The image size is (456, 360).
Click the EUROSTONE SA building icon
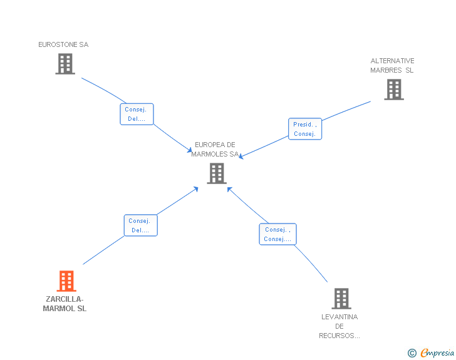pos(65,64)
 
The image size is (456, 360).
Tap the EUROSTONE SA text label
pos(63,44)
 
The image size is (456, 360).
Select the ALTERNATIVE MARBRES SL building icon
pos(394,90)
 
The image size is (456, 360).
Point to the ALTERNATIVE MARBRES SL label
pos(392,66)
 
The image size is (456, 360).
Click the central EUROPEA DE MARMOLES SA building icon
pos(217,173)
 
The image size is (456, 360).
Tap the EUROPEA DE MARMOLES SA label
pos(215,150)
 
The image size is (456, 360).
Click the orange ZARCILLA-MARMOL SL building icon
pos(66,281)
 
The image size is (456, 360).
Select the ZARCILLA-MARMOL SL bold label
pos(65,304)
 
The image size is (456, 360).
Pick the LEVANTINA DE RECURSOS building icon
pos(341,299)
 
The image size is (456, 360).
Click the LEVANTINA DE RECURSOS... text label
pos(339,326)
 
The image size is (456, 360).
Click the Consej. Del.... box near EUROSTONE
pos(137,114)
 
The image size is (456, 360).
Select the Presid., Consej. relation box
pos(305,129)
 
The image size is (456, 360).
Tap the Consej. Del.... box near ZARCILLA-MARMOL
pos(140,225)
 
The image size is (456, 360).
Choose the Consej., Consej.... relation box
pos(277,234)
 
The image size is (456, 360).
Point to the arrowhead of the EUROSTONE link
pos(190,150)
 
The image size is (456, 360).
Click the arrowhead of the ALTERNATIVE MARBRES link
pos(241,157)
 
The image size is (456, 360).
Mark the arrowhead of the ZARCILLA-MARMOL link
pos(196,189)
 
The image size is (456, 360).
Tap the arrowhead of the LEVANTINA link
pos(229,189)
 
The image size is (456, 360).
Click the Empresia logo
pos(437,352)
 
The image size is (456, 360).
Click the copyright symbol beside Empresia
pos(412,353)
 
